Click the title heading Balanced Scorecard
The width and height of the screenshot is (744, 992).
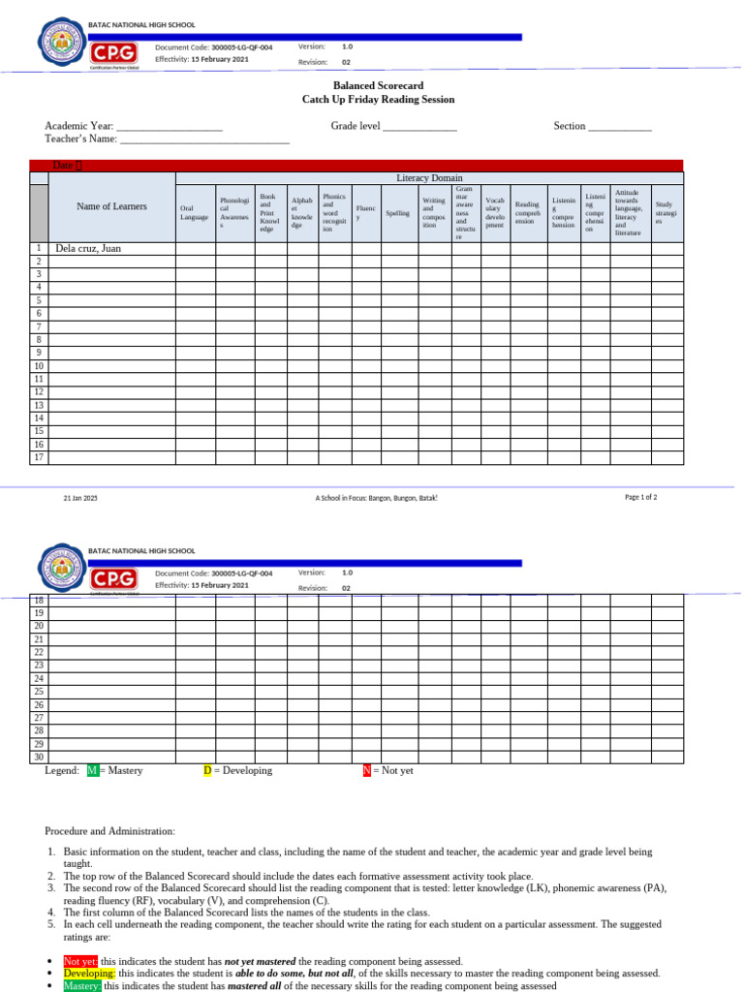(378, 86)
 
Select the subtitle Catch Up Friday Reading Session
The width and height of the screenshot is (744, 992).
(378, 100)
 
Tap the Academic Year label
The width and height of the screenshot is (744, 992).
(79, 126)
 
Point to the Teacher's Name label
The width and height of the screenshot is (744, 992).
(81, 139)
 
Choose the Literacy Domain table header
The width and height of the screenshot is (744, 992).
(429, 178)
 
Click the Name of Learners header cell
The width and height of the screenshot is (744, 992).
(111, 206)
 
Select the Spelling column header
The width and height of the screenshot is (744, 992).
(397, 213)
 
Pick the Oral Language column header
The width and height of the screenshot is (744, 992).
(194, 212)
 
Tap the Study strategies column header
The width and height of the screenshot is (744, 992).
(666, 213)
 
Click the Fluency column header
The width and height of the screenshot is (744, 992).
(366, 213)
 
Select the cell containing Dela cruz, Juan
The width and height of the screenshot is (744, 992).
(88, 249)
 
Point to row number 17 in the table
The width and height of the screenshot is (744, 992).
(39, 457)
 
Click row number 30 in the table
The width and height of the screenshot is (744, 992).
(39, 758)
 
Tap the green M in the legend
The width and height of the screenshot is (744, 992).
(93, 771)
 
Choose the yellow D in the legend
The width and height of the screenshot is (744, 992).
(207, 771)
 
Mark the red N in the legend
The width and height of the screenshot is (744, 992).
(367, 771)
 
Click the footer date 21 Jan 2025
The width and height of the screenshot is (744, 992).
(80, 498)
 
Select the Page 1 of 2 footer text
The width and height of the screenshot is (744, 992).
(640, 497)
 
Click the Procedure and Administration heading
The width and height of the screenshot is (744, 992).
(109, 831)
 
